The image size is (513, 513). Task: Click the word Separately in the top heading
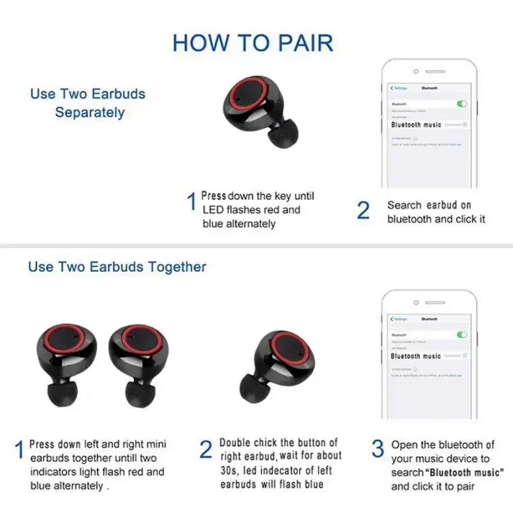[90, 113]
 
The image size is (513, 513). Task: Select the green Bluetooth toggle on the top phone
[462, 104]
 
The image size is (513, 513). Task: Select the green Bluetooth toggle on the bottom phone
[462, 335]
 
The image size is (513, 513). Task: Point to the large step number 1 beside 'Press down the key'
[190, 203]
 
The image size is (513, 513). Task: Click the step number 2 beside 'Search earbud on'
[363, 210]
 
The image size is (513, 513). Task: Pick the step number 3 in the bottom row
[378, 449]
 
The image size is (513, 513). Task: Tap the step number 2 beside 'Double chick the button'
[205, 450]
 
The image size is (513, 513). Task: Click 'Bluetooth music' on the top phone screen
[416, 124]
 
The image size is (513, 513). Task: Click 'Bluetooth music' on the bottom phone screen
[416, 356]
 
